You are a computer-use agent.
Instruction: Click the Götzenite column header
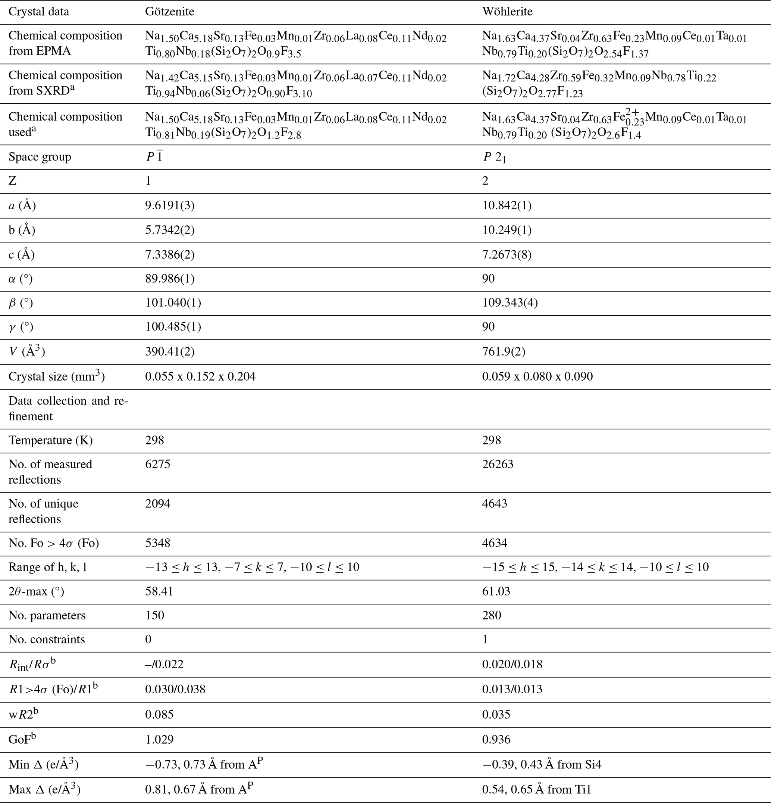tap(169, 12)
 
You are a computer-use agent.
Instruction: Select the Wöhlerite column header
tap(507, 12)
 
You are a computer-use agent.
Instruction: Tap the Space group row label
tap(40, 157)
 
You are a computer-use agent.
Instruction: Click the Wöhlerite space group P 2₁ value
tap(494, 157)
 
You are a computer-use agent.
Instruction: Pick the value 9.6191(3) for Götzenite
tap(169, 205)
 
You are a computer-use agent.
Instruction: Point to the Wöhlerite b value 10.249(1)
tap(507, 230)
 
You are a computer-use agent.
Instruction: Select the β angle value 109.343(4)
tap(510, 303)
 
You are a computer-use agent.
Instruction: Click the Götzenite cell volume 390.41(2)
tap(169, 351)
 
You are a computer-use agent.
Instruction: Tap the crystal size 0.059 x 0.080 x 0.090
tap(537, 376)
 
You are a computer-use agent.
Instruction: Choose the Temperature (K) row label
tap(50, 440)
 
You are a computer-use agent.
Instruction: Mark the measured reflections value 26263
tap(498, 464)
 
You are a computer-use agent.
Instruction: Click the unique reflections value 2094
tap(158, 503)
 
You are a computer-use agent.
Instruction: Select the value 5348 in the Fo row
tap(158, 543)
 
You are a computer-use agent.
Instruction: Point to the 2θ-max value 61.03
tap(496, 591)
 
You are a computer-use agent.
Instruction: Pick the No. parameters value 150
tap(154, 615)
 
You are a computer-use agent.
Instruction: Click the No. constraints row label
tap(47, 640)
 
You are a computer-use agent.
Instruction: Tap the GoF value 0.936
tap(496, 740)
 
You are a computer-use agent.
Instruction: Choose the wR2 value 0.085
tap(159, 715)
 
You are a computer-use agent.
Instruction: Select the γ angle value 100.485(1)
tap(173, 327)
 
